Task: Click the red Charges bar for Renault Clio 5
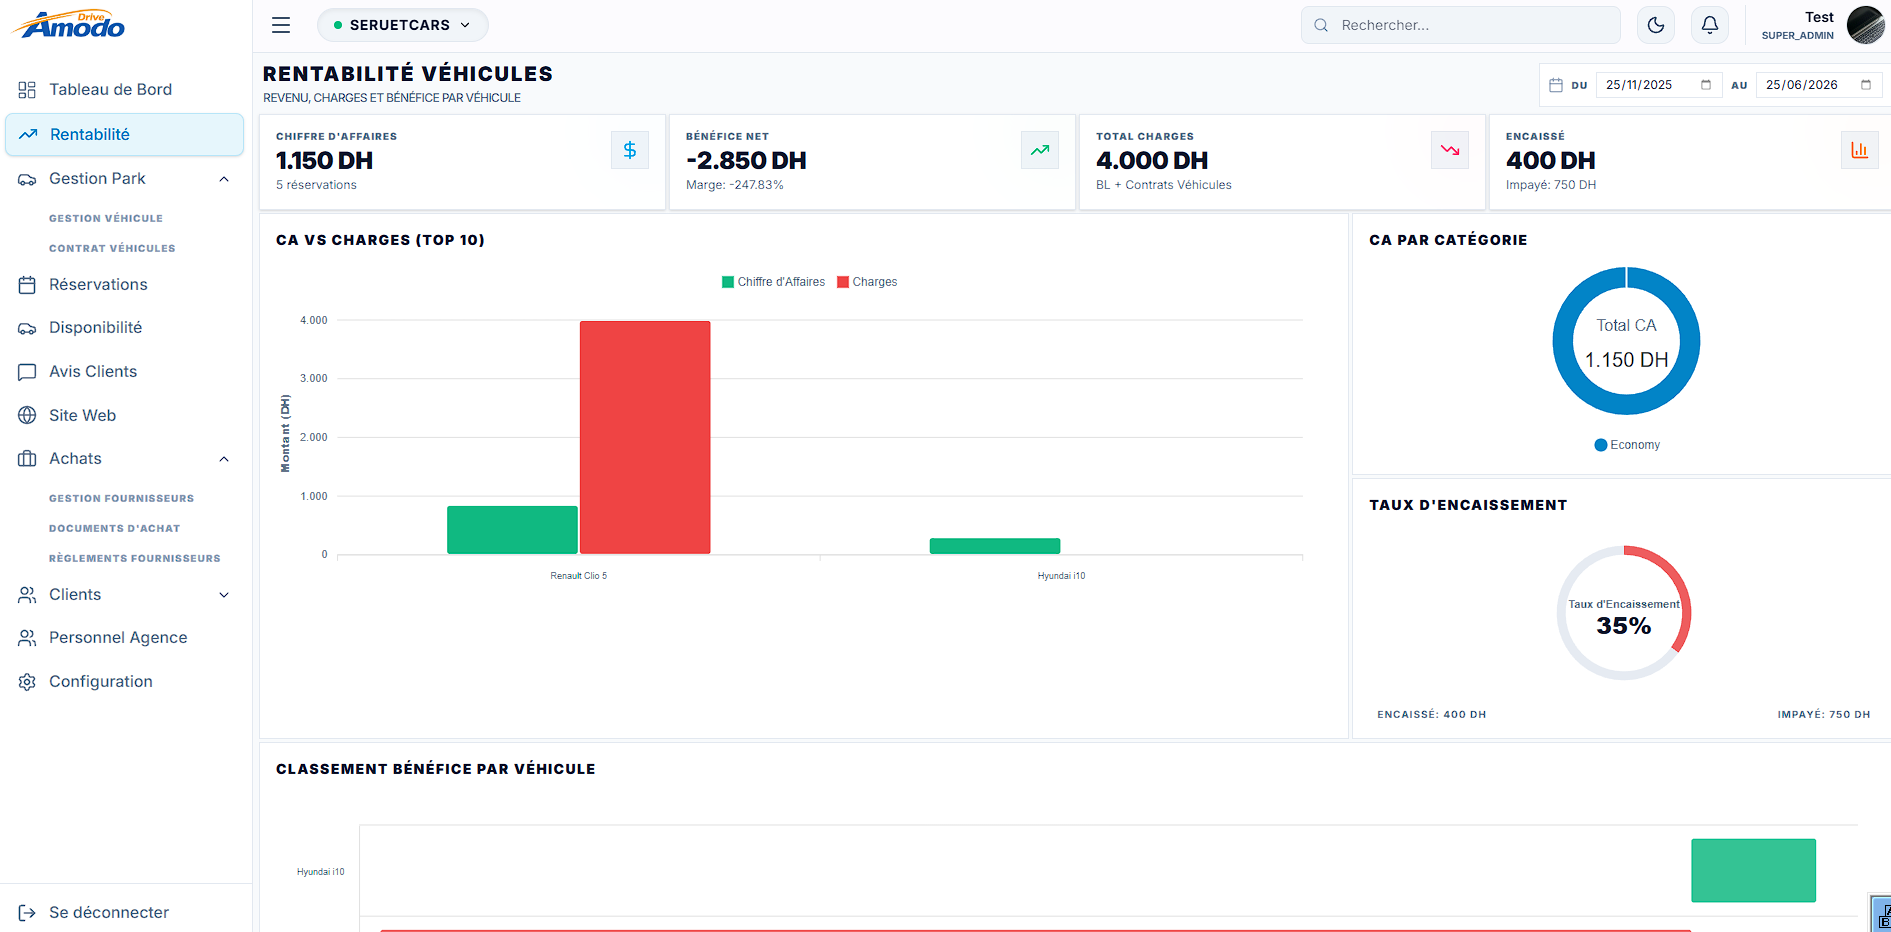click(645, 437)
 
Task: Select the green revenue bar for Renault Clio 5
click(512, 530)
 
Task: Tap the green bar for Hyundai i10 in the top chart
click(995, 546)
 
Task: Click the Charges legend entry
click(867, 282)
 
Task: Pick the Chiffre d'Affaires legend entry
click(773, 282)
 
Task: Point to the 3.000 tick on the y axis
click(314, 379)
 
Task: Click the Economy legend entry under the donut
click(1627, 445)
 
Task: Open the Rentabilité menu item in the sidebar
click(125, 135)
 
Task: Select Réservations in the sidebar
click(98, 285)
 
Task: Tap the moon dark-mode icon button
click(1656, 25)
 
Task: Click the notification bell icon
click(1710, 25)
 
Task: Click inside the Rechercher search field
click(1461, 25)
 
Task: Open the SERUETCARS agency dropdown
click(402, 25)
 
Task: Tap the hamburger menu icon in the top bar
click(281, 25)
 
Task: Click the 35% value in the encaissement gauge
click(1624, 626)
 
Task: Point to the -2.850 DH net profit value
click(746, 161)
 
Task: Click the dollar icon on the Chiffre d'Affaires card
click(630, 150)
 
